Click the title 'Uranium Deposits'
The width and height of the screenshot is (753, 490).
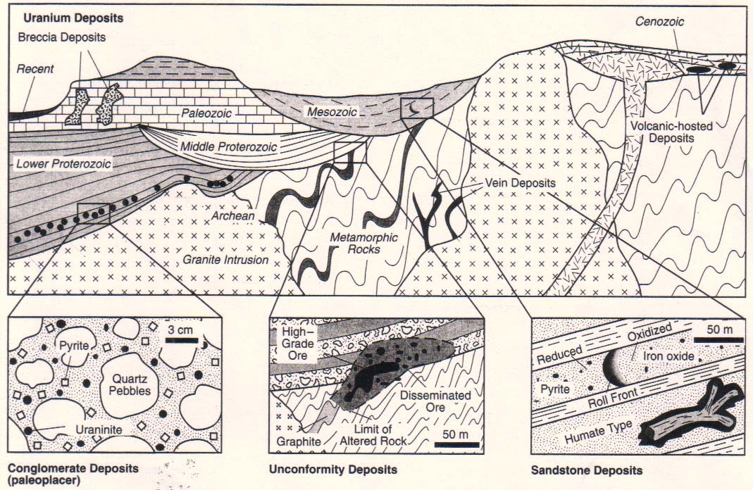click(x=73, y=18)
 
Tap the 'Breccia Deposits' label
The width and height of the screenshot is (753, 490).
click(x=62, y=37)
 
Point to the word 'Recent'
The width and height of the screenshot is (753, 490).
click(x=35, y=69)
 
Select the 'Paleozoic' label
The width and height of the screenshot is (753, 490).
click(x=206, y=113)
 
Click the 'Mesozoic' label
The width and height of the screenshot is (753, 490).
click(x=332, y=112)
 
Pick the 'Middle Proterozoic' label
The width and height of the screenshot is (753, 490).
click(x=229, y=146)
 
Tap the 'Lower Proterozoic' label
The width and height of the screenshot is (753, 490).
click(x=63, y=164)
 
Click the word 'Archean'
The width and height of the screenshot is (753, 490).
click(x=233, y=216)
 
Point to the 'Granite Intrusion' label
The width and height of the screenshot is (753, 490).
click(x=225, y=260)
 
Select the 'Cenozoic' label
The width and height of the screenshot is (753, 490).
click(x=659, y=22)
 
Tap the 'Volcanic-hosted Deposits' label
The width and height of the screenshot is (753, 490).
click(x=671, y=132)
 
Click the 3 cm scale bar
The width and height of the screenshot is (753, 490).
click(x=182, y=340)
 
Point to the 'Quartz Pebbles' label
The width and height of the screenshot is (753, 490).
click(x=130, y=384)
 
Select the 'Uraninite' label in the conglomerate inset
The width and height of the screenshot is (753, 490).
click(x=99, y=429)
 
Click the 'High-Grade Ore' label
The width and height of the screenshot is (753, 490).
click(x=298, y=344)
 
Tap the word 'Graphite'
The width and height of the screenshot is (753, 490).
click(x=299, y=441)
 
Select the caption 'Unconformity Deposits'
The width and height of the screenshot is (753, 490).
click(x=333, y=470)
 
